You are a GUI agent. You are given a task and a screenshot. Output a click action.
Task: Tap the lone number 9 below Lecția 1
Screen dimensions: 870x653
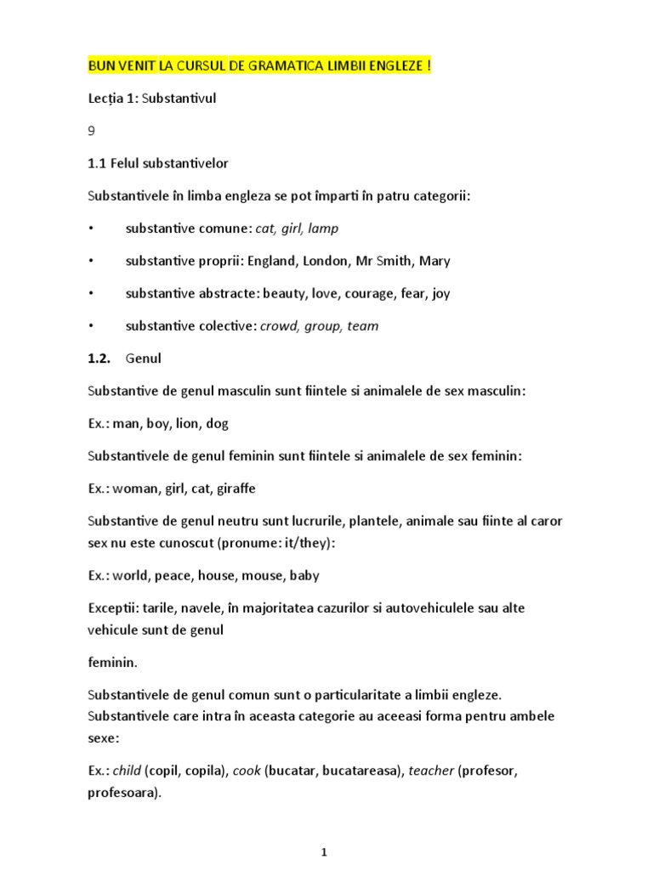tap(91, 131)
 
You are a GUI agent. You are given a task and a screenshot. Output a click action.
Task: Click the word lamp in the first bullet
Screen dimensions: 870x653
tap(323, 229)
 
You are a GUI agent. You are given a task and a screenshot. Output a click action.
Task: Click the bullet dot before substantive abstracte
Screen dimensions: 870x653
tap(90, 294)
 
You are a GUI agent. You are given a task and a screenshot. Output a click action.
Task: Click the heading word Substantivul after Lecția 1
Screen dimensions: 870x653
tap(179, 99)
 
